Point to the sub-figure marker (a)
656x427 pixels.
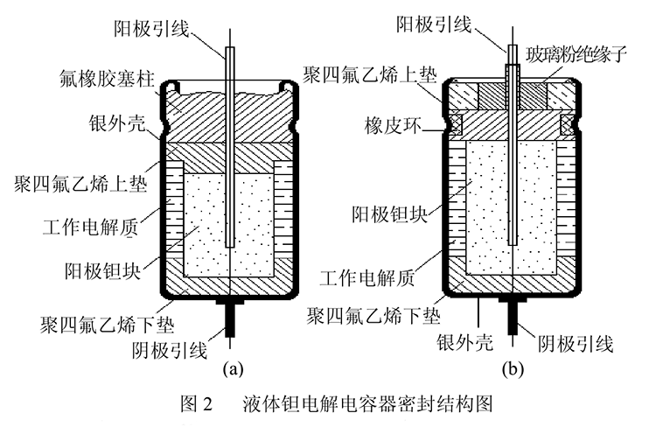(232, 368)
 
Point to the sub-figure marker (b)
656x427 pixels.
(512, 368)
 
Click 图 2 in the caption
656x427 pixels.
(194, 404)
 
